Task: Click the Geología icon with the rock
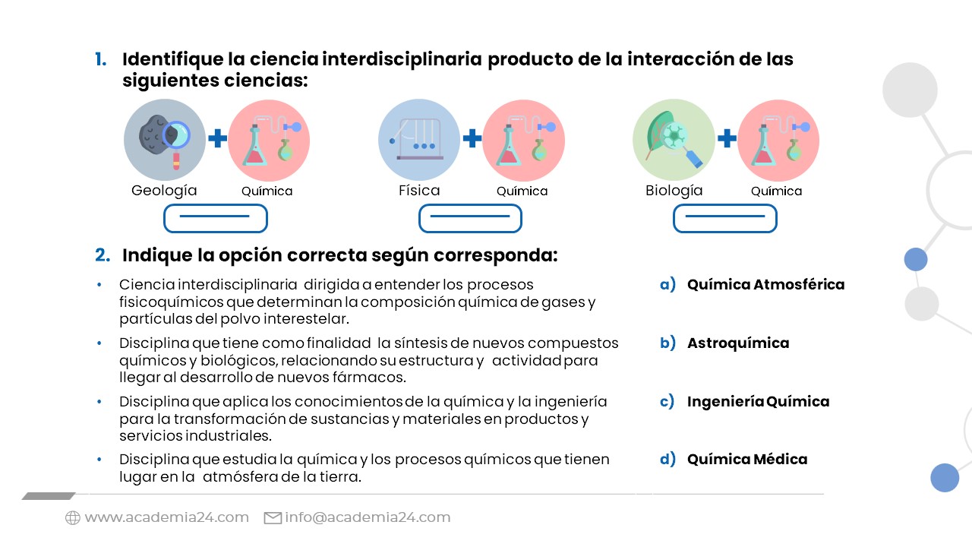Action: [165, 140]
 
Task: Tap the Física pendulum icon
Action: [419, 140]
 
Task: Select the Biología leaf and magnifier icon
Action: [674, 140]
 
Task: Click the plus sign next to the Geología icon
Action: [217, 138]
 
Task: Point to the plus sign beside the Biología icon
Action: [727, 138]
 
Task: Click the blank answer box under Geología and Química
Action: [216, 218]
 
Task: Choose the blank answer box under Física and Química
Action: [470, 218]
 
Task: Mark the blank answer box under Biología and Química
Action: [725, 218]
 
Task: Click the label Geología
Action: [164, 191]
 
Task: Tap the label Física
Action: [419, 190]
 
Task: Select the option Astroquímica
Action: [738, 343]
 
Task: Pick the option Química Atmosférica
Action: [766, 284]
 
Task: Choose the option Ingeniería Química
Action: [758, 402]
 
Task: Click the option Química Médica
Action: [747, 460]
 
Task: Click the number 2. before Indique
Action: [103, 255]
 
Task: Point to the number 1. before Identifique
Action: [101, 59]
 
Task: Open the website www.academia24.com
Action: [166, 517]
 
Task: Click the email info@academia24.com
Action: [368, 517]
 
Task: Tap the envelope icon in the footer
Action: [273, 518]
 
